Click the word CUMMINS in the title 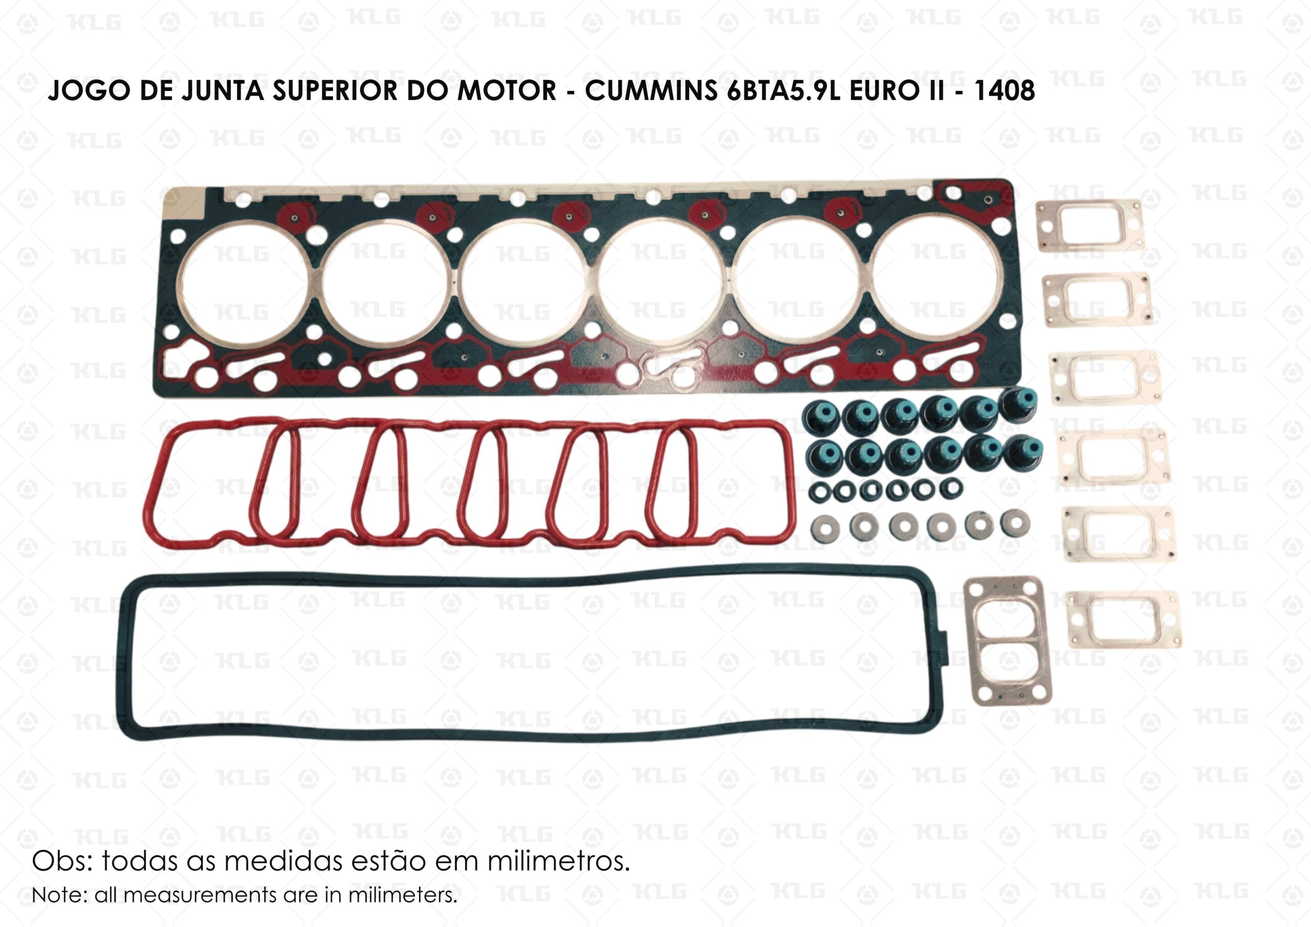651,91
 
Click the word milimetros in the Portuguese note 558,861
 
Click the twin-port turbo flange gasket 1005,641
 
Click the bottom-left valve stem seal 824,457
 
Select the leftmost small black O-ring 820,491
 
